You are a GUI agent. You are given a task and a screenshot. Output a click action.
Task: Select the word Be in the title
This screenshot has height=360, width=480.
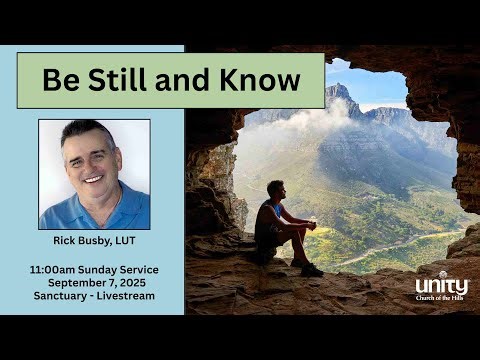(58, 80)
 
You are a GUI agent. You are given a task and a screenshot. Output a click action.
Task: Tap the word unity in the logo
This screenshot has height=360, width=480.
(441, 287)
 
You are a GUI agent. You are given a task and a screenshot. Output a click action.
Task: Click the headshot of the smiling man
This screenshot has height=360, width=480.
(94, 175)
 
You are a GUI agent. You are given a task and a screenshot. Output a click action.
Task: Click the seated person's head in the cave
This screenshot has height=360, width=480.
(277, 188)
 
